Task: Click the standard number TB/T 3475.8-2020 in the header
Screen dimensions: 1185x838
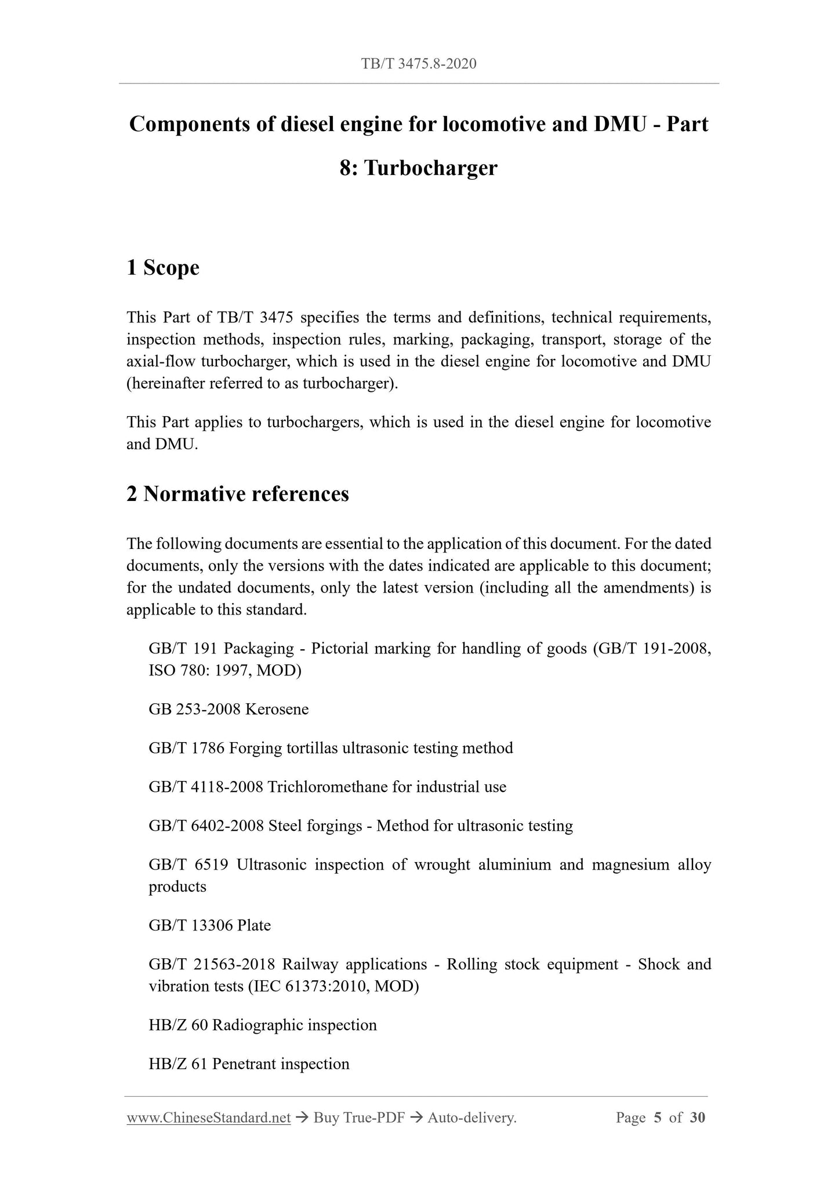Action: tap(419, 64)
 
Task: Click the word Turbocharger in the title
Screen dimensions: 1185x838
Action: tap(431, 168)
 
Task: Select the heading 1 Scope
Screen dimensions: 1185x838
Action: tap(163, 268)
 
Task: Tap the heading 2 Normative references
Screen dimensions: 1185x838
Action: tap(238, 494)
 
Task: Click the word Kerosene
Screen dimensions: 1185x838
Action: tap(277, 709)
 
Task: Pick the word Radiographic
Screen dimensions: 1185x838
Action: tap(257, 1025)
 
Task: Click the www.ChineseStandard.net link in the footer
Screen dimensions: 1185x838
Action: tap(208, 1118)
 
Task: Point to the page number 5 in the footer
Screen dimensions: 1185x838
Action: tap(657, 1118)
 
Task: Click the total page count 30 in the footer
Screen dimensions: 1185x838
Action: tap(697, 1118)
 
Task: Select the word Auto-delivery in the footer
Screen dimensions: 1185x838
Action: tap(470, 1118)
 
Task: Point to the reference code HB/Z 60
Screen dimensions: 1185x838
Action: tap(178, 1025)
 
